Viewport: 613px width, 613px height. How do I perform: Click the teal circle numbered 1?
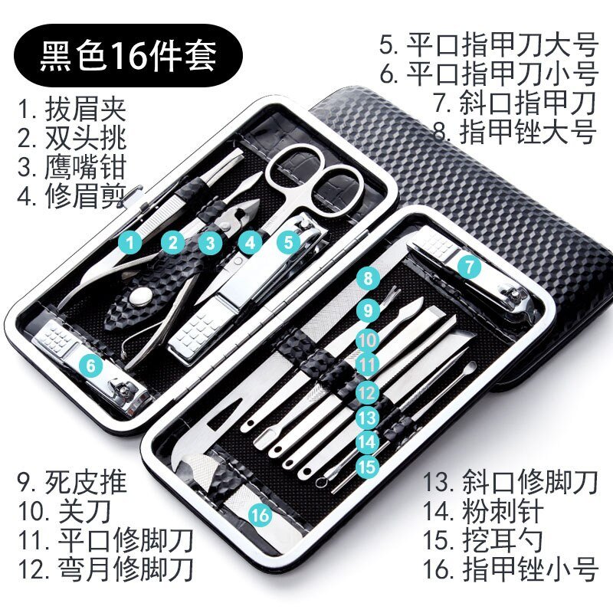coord(131,244)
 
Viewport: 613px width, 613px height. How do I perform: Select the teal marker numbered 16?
coord(261,515)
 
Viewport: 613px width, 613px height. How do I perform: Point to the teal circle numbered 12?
coord(368,393)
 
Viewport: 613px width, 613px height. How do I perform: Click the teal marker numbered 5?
coord(288,243)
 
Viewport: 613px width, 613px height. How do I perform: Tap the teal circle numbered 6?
coord(93,366)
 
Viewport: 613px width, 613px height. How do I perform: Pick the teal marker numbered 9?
coord(368,310)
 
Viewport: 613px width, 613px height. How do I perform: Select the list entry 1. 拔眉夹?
coord(72,109)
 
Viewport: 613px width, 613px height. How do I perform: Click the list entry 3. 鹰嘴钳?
coord(72,167)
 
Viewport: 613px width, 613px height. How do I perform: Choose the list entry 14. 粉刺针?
coord(484,510)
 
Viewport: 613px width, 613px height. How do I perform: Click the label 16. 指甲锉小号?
coord(510,568)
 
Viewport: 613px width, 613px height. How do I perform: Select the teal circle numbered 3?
coord(208,244)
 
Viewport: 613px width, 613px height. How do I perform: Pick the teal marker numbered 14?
coord(367,441)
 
